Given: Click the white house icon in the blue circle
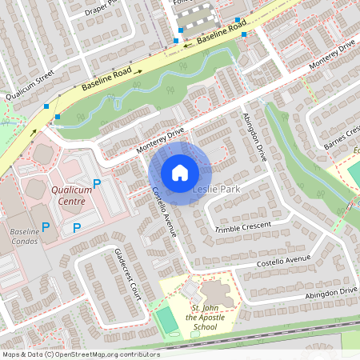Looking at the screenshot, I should point(180,172).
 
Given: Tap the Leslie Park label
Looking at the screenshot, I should point(216,189).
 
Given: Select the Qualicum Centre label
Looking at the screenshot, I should point(72,196).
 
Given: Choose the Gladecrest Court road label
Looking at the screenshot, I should point(128,274).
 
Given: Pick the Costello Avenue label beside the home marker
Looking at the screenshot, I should point(163,212).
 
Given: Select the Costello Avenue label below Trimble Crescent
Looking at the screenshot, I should point(282,261).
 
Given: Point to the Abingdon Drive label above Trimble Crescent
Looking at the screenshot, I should point(254,137).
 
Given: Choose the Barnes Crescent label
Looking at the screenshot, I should point(342,137).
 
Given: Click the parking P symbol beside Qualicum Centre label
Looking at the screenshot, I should point(97,184).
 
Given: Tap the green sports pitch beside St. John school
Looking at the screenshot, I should point(167,319).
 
